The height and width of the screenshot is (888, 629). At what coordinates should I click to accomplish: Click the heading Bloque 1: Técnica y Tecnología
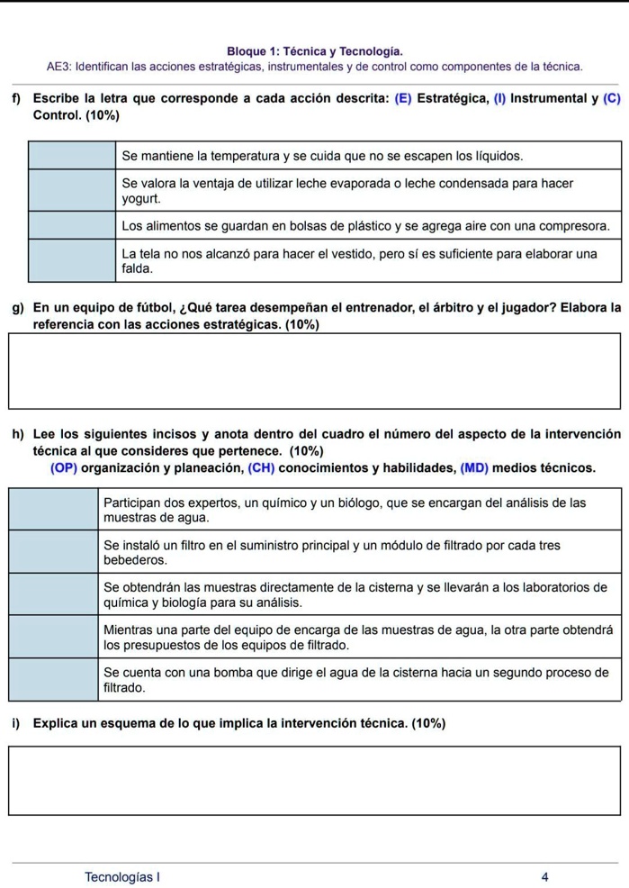pos(314,52)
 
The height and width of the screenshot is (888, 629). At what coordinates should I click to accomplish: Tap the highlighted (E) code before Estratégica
pos(403,98)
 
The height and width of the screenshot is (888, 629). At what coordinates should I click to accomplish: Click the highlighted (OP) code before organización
pos(64,467)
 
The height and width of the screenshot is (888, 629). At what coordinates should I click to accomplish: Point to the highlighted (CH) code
pos(261,467)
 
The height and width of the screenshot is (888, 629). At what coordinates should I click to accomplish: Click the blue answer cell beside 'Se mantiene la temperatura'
pos(72,156)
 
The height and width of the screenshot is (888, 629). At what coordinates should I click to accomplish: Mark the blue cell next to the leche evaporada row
pos(72,190)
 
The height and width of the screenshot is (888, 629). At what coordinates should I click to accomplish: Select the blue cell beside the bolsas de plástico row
pos(72,224)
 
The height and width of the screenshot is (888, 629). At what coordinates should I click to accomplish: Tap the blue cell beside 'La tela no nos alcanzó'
pos(72,260)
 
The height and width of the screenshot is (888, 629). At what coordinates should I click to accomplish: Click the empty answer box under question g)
pos(314,370)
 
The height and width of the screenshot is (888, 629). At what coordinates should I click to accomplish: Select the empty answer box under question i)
pos(314,779)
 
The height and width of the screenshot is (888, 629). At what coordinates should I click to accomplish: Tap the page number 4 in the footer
pos(544,875)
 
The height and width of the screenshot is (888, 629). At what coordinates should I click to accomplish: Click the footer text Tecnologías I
pos(122,875)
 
